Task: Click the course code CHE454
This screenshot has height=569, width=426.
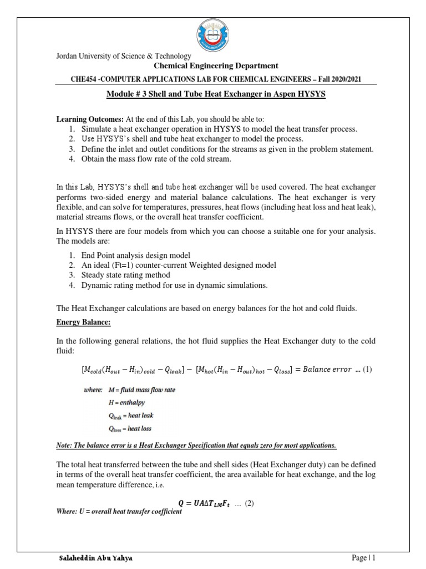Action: tap(83, 79)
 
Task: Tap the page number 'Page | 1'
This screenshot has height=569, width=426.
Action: tap(364, 558)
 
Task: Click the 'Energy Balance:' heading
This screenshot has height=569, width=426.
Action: tap(84, 322)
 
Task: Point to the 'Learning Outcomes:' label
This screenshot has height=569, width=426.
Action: tap(91, 119)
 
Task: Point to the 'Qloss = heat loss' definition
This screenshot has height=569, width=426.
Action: tap(131, 428)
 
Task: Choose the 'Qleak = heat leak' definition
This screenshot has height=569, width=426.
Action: tap(130, 415)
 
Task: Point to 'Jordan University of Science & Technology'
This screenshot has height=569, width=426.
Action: tap(124, 56)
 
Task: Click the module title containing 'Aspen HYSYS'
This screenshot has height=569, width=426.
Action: tap(216, 94)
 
